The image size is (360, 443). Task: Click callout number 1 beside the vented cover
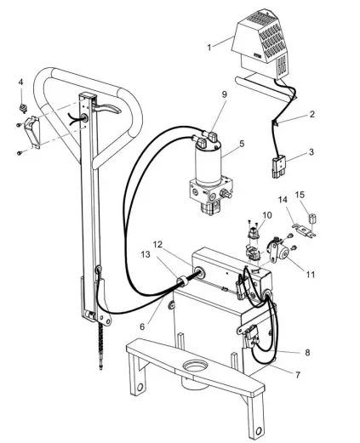[x=209, y=47]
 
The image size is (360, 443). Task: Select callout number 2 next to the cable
[x=311, y=113]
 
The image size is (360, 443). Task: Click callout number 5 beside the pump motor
[x=241, y=144]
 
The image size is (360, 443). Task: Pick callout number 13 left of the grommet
[x=148, y=255]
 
